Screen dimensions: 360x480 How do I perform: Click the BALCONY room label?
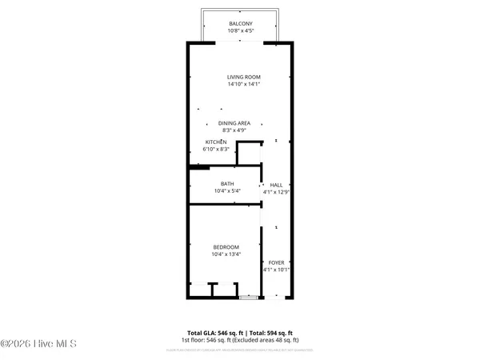pos(241,24)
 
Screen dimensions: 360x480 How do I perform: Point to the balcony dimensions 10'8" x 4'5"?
pos(241,32)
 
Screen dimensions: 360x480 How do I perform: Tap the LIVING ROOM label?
pos(243,77)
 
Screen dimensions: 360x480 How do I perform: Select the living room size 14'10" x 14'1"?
pos(243,85)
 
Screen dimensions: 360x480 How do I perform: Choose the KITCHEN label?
pos(217,142)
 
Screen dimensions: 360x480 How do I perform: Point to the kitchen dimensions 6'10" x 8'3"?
pos(217,150)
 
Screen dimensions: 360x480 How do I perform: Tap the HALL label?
pos(276,184)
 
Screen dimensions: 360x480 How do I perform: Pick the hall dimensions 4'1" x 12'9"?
pos(276,192)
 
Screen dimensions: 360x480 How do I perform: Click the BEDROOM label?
pos(226,246)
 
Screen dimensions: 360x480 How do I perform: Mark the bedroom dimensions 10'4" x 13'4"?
pos(226,254)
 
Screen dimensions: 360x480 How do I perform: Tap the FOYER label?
pos(276,262)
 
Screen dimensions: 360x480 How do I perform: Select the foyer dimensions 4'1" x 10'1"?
pos(276,270)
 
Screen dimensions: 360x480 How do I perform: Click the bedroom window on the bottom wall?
pos(250,298)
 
